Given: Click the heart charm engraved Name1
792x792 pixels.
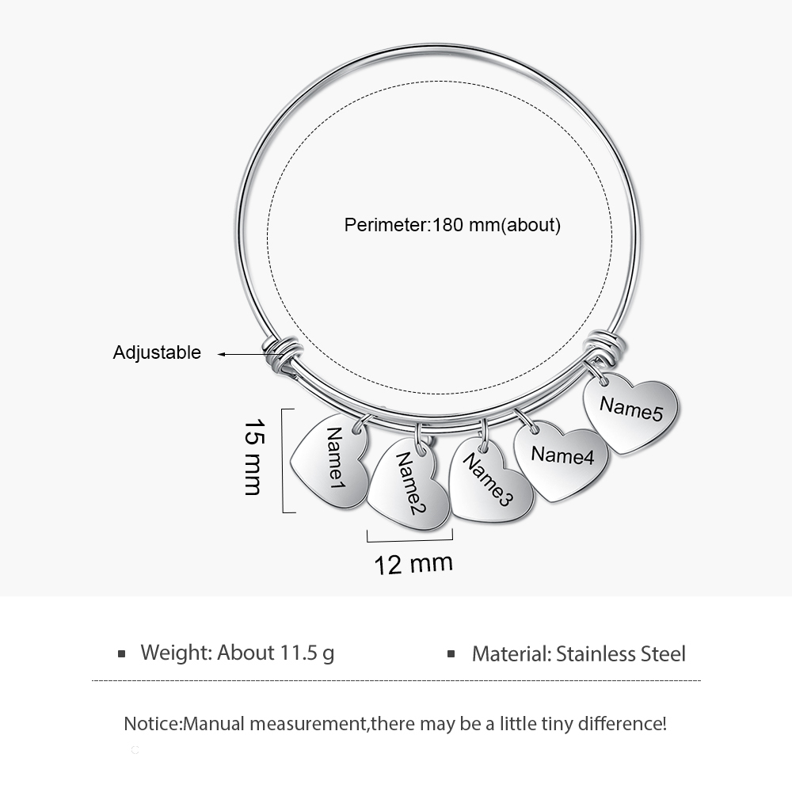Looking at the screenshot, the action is [330, 462].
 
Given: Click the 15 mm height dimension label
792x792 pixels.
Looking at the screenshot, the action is [253, 457].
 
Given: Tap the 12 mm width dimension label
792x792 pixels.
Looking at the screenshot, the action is [413, 564].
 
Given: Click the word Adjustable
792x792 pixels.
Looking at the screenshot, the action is [157, 352].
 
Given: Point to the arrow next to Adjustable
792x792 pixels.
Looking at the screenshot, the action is [242, 355].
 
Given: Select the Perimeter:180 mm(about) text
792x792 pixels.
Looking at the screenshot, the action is [452, 225].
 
